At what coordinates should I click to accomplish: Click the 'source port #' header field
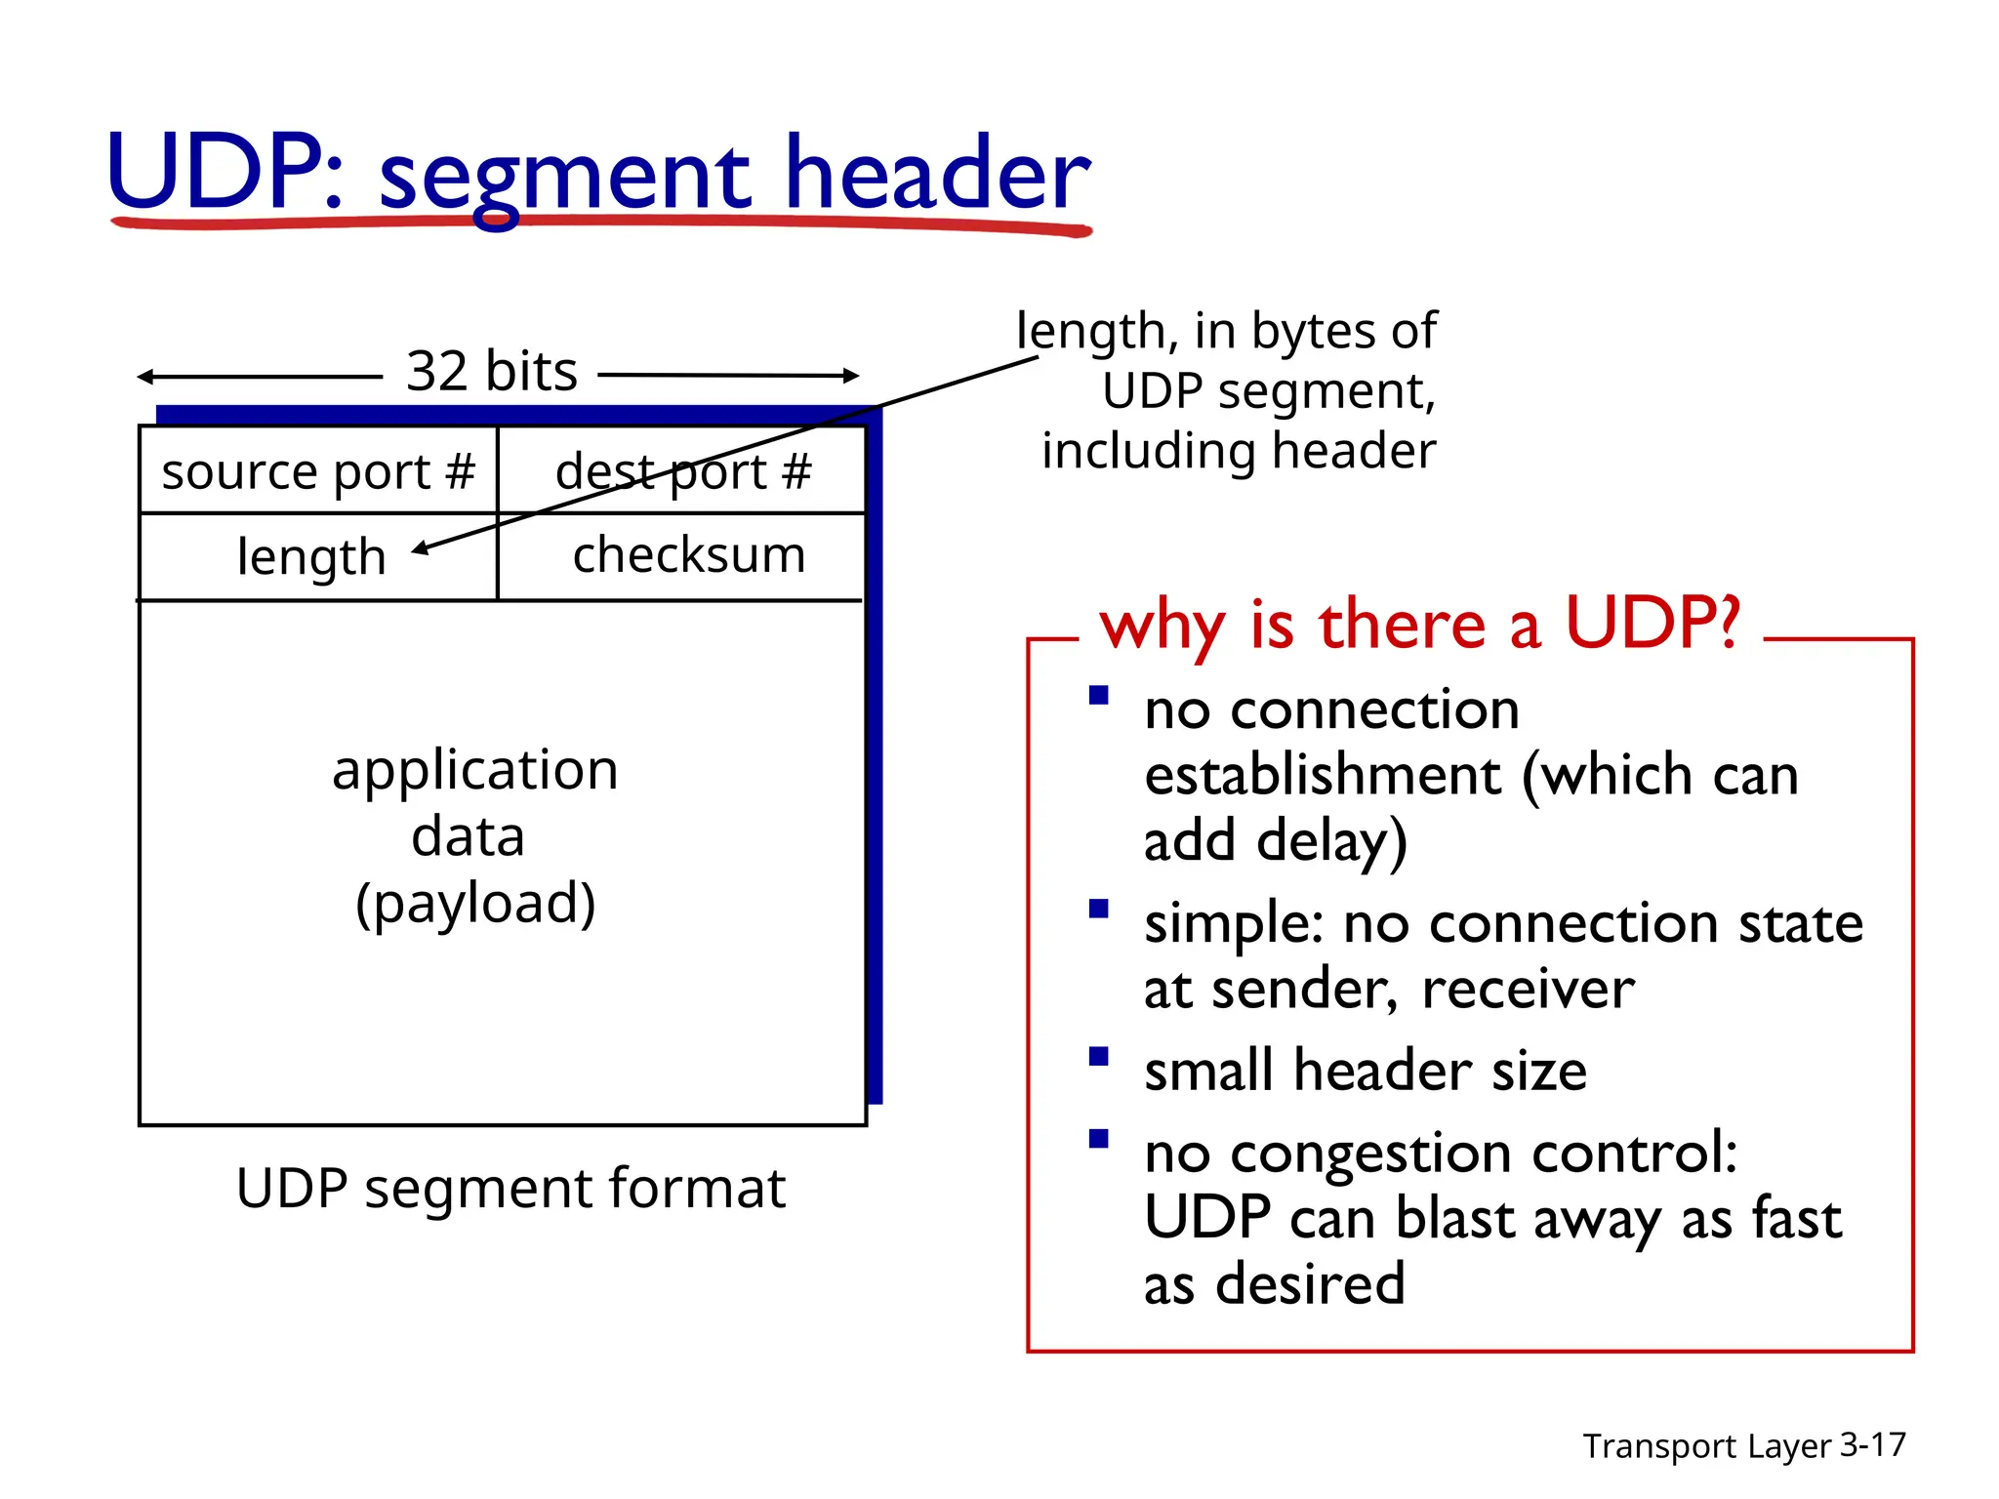point(318,471)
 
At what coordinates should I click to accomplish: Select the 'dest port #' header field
point(683,471)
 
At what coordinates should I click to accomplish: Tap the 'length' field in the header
point(311,557)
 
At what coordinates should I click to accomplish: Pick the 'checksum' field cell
point(689,555)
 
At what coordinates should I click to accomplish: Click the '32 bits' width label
point(492,372)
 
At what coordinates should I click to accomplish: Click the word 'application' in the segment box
point(475,770)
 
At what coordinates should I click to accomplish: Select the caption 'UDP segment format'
point(510,1189)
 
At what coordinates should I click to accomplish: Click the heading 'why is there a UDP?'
point(1420,625)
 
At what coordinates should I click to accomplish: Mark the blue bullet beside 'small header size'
point(1099,1057)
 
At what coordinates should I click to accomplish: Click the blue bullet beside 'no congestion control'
point(1099,1139)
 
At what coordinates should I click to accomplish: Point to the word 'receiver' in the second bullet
point(1528,990)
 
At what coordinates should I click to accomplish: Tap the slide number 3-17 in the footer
point(1872,1444)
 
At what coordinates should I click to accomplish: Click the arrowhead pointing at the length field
point(420,549)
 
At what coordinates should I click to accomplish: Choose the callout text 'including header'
point(1239,451)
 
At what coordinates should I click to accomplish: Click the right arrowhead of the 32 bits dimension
point(851,375)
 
